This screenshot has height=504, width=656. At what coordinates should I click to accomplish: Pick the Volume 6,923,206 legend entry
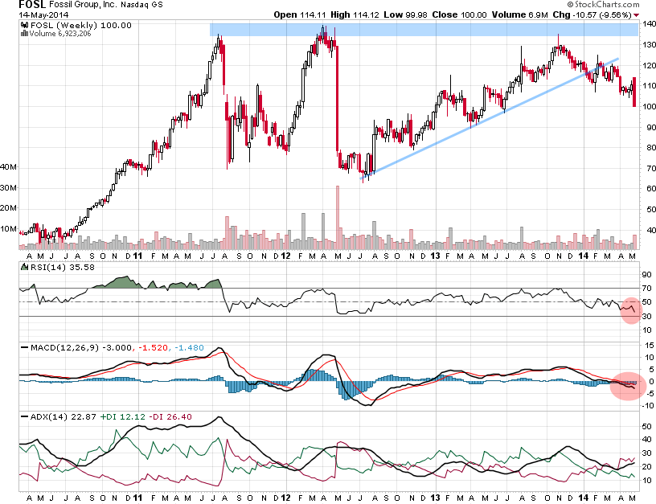point(55,35)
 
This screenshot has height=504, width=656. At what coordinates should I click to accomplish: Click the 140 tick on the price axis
point(646,25)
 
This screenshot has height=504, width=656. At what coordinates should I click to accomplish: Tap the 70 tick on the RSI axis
point(645,288)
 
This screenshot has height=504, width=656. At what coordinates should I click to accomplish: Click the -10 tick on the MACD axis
point(646,405)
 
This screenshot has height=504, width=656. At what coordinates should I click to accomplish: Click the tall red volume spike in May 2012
point(338,213)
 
